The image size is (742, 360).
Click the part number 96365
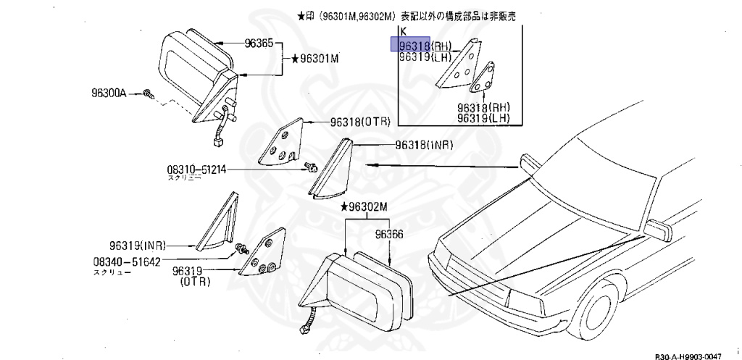[x=258, y=44]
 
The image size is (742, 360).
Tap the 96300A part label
[x=109, y=93]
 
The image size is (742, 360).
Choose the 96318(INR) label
[x=424, y=145]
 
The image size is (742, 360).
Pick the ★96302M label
[x=365, y=207]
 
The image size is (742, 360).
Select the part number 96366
[x=389, y=234]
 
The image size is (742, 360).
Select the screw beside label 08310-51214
[x=312, y=168]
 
